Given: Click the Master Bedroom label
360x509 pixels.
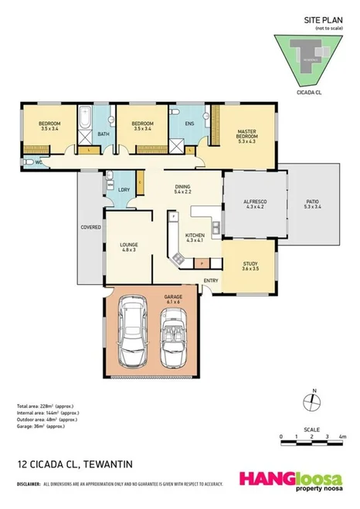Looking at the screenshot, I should point(246,135).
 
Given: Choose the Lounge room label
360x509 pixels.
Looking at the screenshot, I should point(128,247).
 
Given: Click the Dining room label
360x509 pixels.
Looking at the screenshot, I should point(182,188).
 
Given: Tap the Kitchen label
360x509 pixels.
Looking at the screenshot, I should point(194,236).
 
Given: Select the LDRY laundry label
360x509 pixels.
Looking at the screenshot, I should point(124,191).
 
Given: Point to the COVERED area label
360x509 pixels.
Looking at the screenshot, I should point(90,227).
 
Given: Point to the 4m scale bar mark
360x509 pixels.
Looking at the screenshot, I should point(339,437).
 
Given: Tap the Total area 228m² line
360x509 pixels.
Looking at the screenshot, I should point(45,406).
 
